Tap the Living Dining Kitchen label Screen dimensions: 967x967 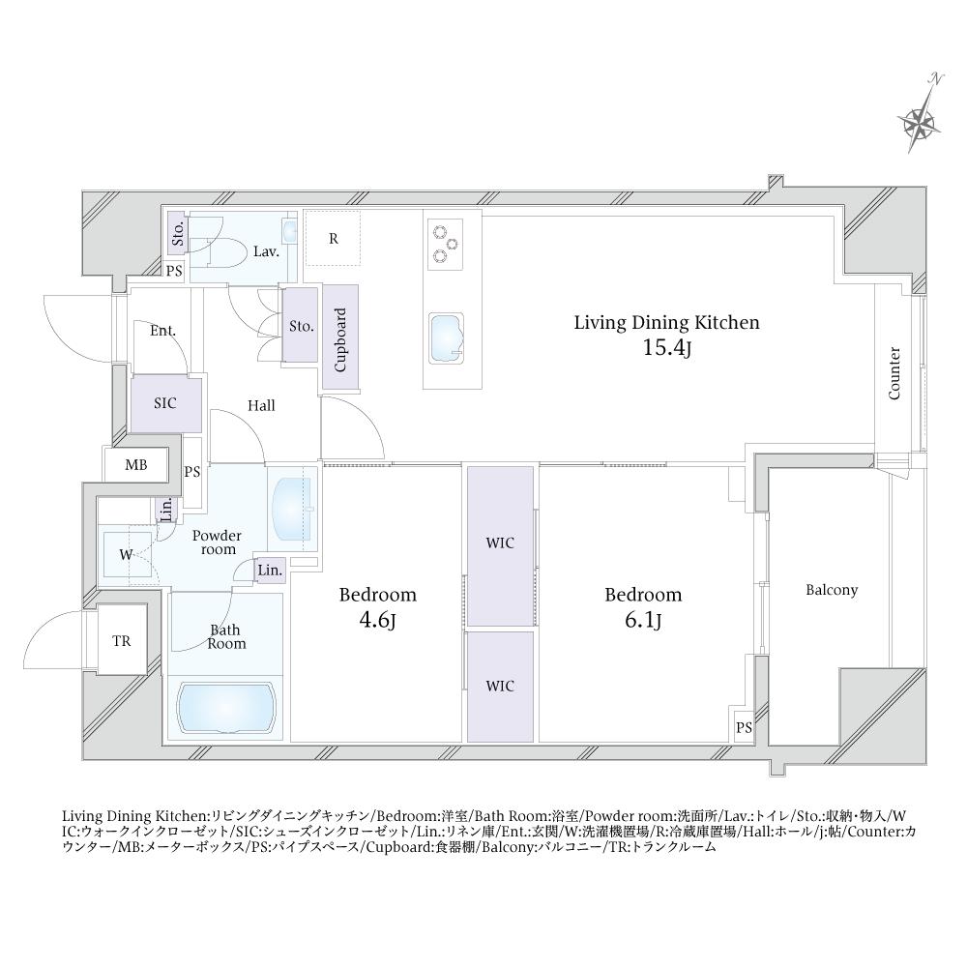click(666, 323)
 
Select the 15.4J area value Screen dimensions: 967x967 click(666, 348)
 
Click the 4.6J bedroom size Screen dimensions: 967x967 click(377, 620)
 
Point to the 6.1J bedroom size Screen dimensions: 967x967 click(643, 620)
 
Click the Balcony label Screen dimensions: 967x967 click(832, 590)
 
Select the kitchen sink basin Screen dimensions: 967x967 click(446, 338)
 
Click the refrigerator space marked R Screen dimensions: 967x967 click(333, 238)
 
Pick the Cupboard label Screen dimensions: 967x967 click(339, 339)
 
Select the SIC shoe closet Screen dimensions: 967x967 click(165, 404)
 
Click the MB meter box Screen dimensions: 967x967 click(136, 465)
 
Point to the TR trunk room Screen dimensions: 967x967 click(122, 641)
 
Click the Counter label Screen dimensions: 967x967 click(894, 373)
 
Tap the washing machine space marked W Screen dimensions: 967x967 click(127, 554)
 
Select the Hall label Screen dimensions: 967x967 click(261, 405)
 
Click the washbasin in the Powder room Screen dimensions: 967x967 click(292, 509)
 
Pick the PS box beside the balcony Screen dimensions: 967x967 click(744, 727)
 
